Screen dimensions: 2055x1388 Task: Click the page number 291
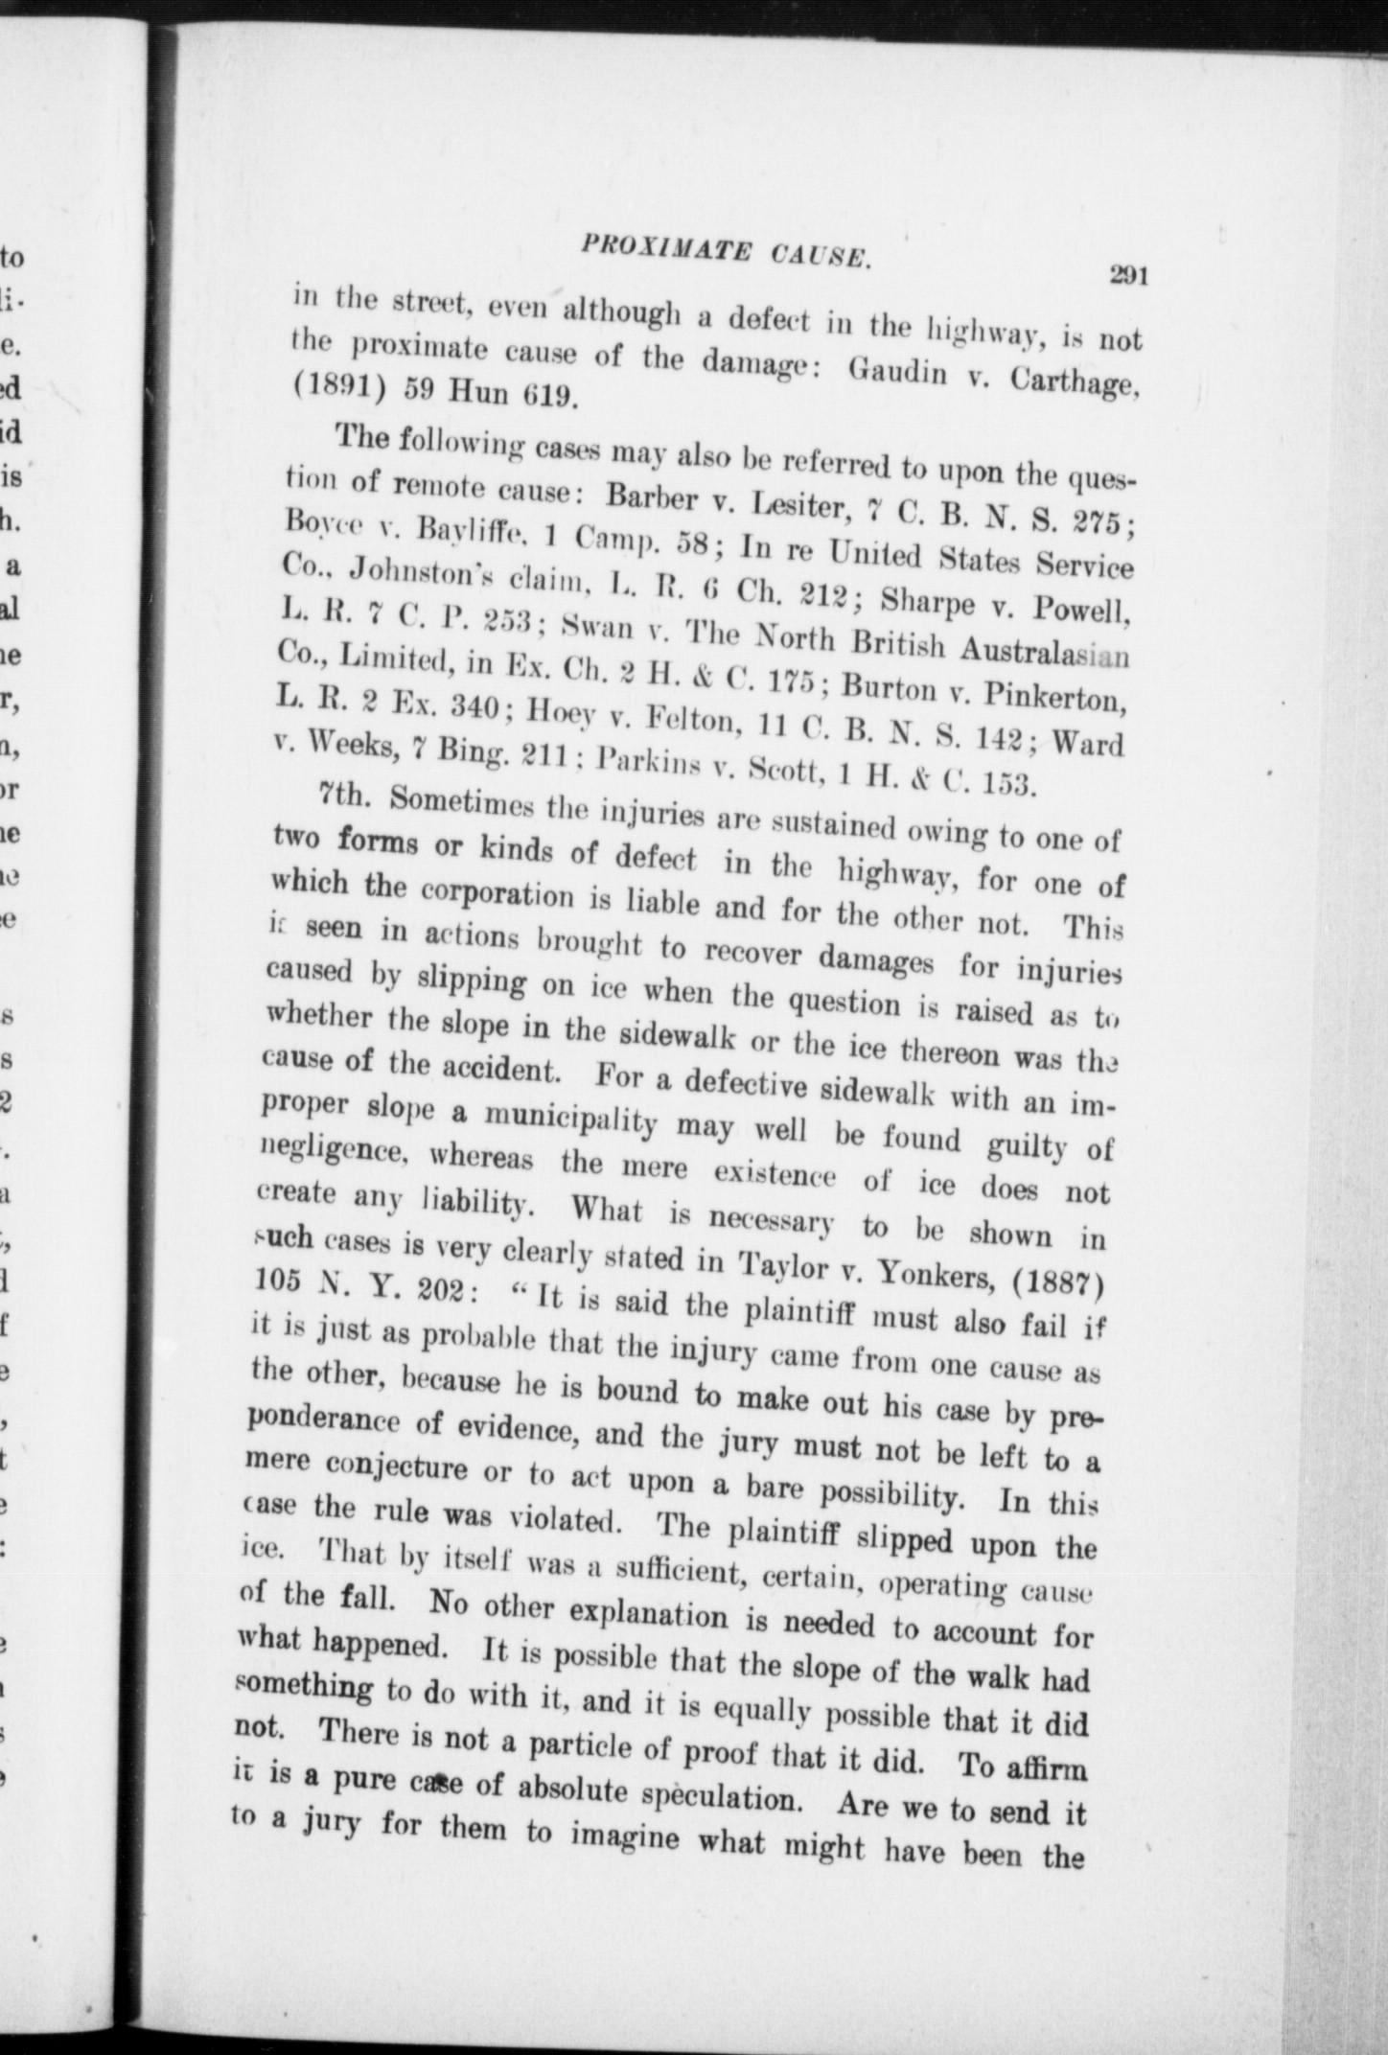(x=1128, y=276)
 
